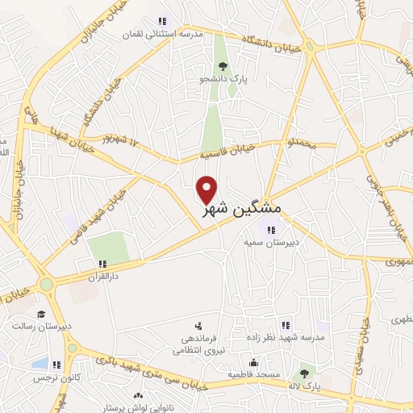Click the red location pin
point(208,189)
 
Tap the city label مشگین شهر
point(241,210)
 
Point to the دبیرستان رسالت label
point(33,327)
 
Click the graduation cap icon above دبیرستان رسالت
point(41,314)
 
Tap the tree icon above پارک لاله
point(304,373)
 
